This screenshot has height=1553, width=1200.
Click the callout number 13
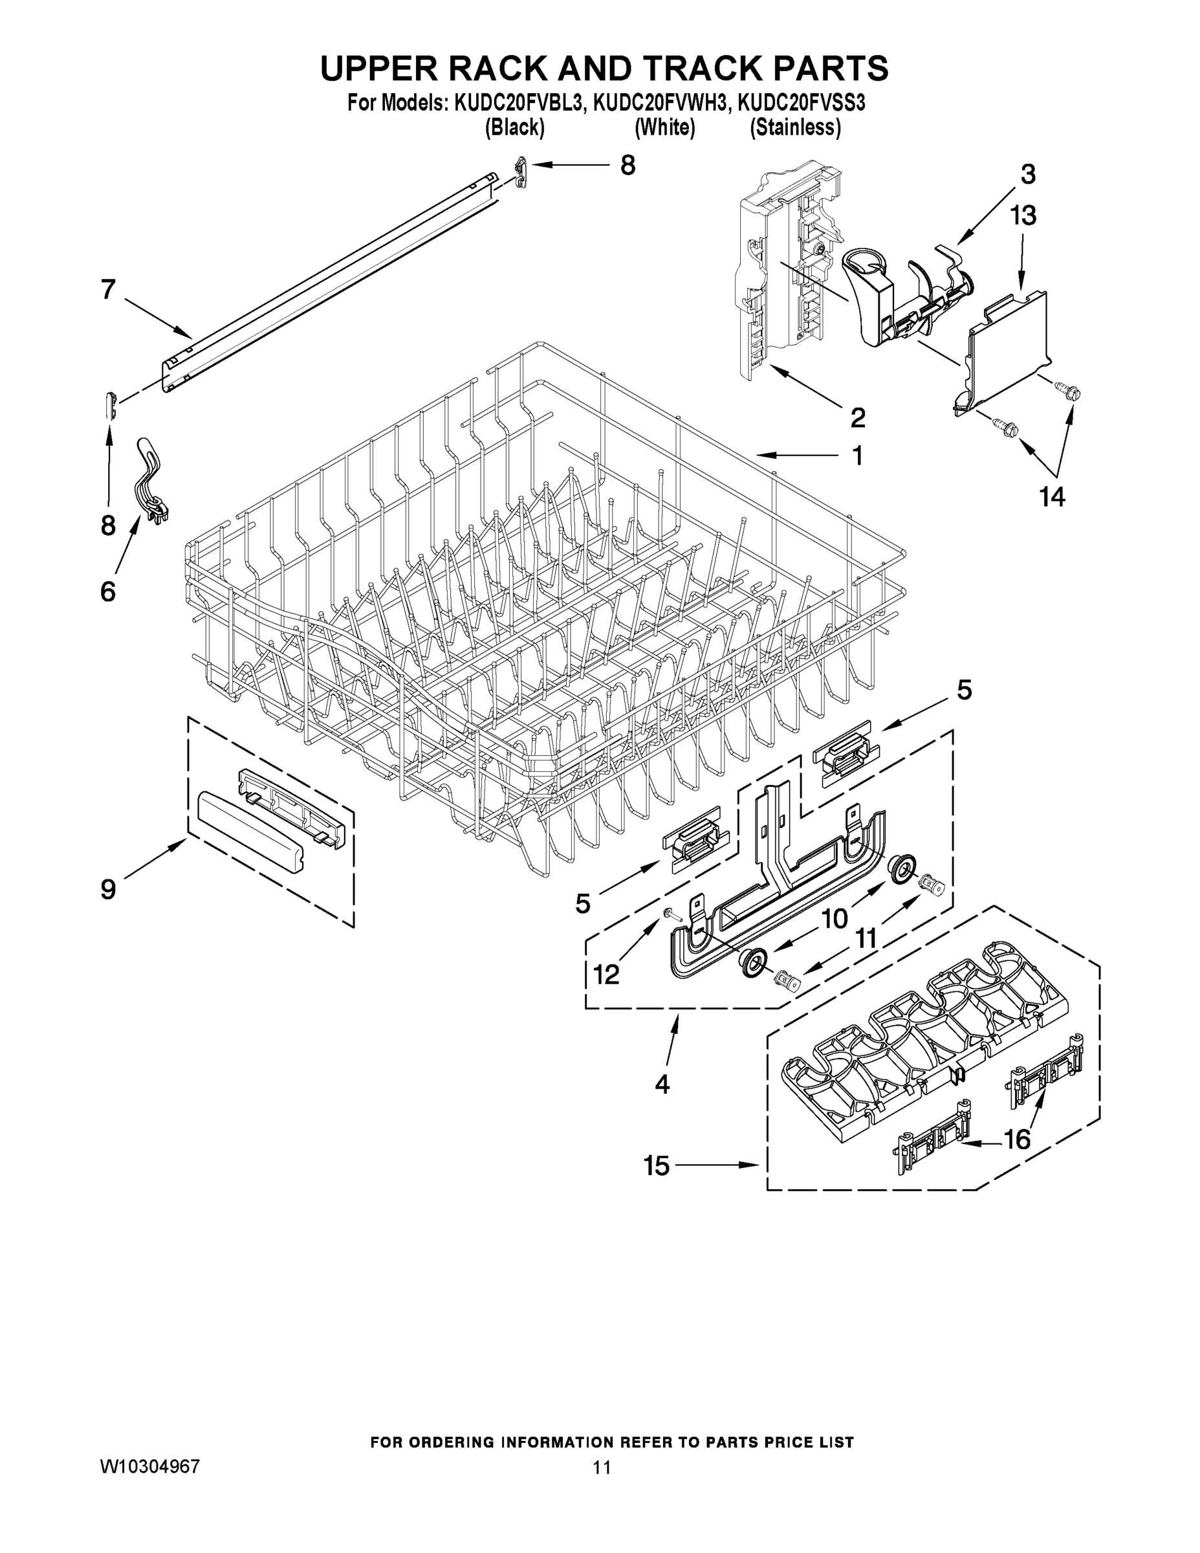click(1023, 215)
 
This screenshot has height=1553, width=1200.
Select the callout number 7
click(108, 289)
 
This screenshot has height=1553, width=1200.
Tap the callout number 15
click(657, 1165)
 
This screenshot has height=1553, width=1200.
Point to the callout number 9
click(108, 889)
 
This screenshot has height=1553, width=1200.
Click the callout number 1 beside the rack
click(858, 455)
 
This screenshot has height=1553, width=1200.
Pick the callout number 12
click(605, 973)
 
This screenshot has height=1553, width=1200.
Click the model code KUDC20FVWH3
click(660, 104)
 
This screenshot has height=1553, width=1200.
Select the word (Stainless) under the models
click(796, 128)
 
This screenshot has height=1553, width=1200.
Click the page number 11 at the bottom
click(602, 1468)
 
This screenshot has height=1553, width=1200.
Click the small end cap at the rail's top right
click(522, 171)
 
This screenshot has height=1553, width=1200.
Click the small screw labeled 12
click(671, 914)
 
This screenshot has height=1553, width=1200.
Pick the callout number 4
click(662, 1084)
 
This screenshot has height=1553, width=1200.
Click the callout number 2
click(858, 417)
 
